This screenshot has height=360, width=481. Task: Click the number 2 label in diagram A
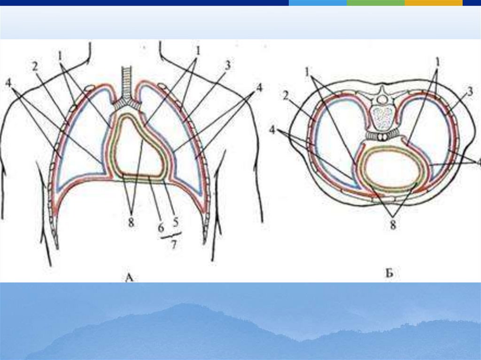(35, 66)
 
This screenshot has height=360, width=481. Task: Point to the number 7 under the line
(173, 245)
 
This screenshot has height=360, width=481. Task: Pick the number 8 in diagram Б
(393, 225)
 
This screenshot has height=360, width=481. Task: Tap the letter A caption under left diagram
(130, 278)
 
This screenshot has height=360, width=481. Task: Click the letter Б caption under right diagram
(389, 274)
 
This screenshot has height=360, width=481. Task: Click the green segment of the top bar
(375, 3)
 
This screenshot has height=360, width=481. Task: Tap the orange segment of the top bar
(433, 3)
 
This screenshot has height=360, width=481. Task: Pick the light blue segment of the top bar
(318, 3)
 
